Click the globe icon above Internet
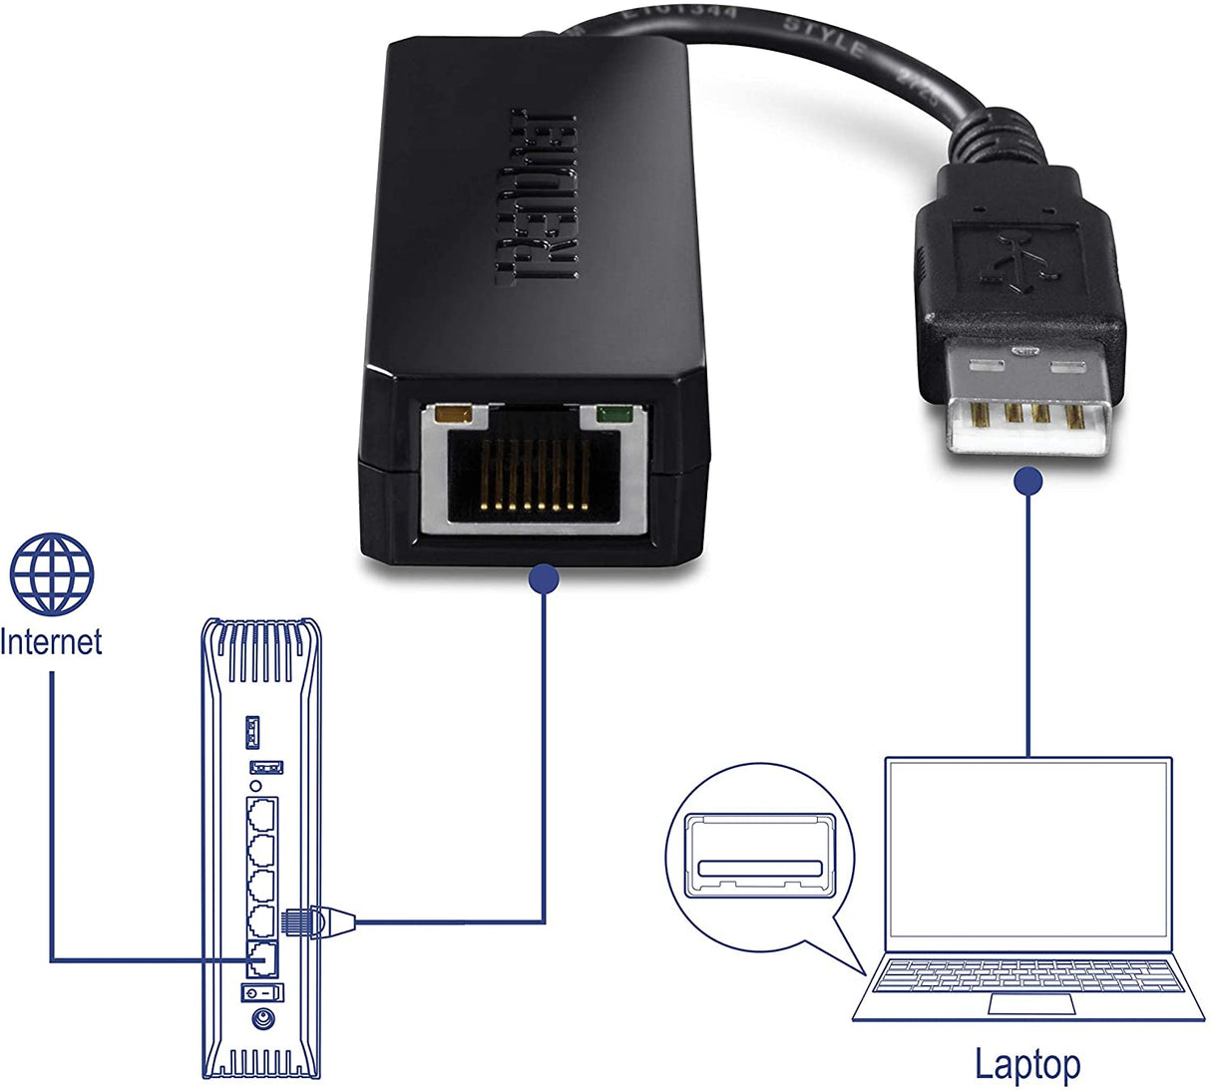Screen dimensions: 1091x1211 52,574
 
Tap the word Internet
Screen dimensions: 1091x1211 51,641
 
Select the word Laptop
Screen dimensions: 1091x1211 1026,1064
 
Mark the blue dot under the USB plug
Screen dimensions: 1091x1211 1028,482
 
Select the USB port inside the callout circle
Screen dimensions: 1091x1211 760,855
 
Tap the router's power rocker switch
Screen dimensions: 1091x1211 262,992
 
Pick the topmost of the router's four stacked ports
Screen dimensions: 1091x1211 262,815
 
